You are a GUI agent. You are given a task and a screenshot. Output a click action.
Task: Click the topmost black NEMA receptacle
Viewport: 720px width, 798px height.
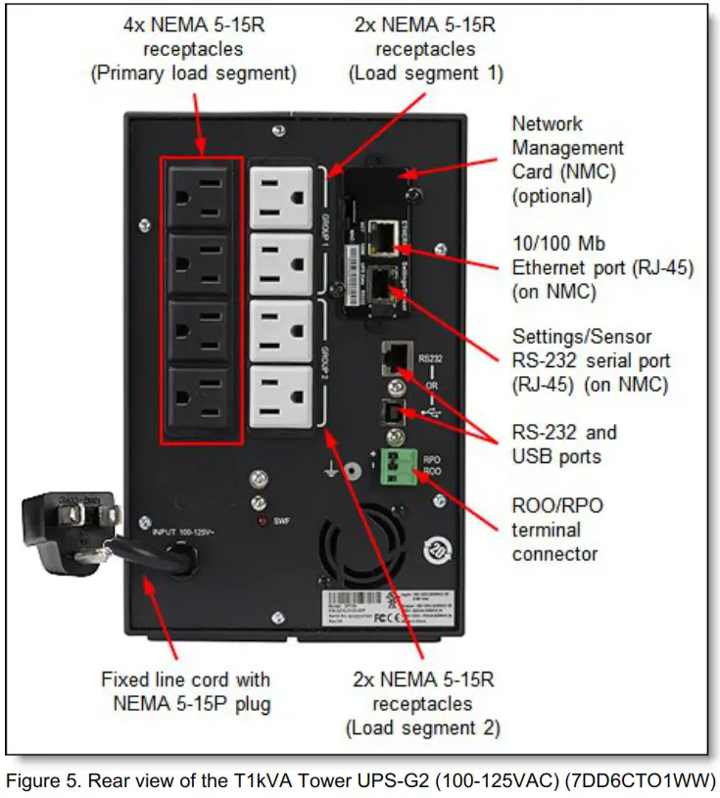tap(203, 197)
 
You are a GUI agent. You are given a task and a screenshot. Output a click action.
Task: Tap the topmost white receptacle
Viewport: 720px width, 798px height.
tap(280, 195)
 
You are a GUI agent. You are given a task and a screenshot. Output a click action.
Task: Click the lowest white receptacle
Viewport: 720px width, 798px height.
tap(280, 396)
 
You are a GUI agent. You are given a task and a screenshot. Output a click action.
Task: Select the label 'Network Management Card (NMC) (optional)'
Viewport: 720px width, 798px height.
tap(567, 160)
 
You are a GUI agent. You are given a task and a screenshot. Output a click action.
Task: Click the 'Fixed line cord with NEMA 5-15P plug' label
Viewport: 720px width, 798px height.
tap(186, 691)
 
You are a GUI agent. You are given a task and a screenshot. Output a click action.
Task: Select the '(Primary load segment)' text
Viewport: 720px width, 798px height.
tap(194, 73)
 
